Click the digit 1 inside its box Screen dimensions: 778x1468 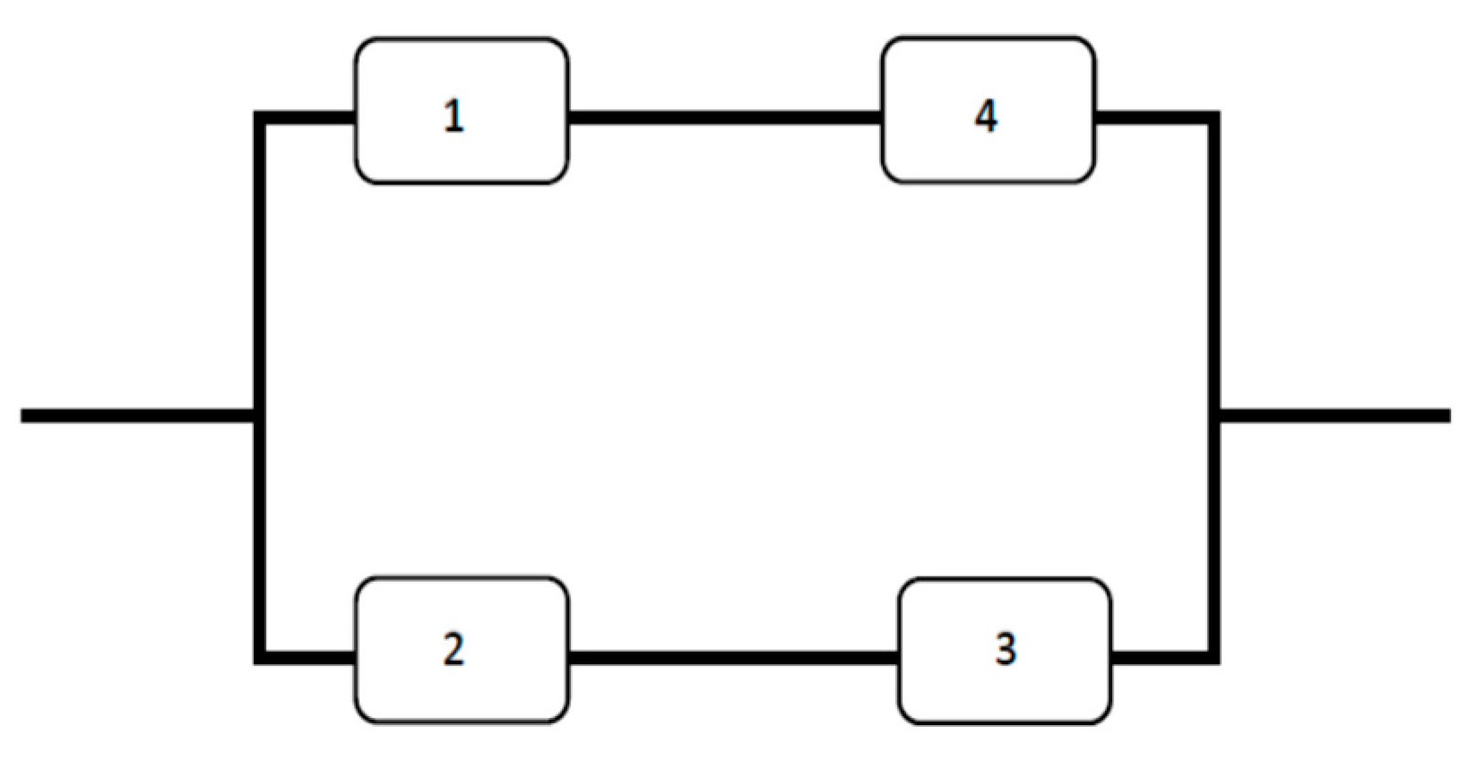(x=454, y=117)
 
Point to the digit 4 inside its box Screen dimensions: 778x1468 (x=986, y=116)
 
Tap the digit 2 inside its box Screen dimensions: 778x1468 (x=453, y=649)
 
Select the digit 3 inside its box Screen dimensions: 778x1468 (x=1006, y=649)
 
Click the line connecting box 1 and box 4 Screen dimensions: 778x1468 (x=724, y=117)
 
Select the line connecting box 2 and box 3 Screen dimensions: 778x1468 (x=733, y=658)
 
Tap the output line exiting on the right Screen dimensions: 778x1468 (x=1335, y=416)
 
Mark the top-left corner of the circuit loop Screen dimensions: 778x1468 (x=260, y=117)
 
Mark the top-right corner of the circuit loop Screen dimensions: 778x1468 (x=1213, y=117)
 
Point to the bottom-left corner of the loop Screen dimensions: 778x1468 (x=260, y=658)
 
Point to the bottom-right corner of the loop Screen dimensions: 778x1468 (x=1213, y=658)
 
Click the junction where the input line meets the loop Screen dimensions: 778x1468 (x=260, y=416)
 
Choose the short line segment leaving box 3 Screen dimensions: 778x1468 (x=1162, y=658)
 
